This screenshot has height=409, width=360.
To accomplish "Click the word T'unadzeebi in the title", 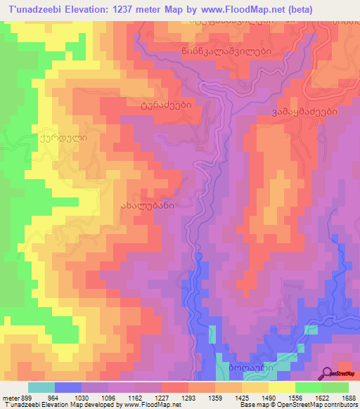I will click(x=33, y=8).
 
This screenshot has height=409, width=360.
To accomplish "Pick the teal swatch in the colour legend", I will click(x=41, y=387).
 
